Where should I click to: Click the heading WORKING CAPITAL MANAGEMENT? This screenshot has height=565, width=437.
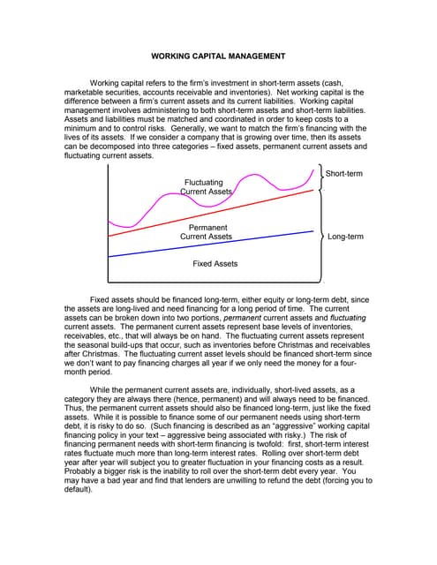tap(218, 56)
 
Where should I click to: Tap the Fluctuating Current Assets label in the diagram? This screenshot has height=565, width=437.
tap(205, 186)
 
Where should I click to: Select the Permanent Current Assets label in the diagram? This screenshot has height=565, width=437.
tap(206, 232)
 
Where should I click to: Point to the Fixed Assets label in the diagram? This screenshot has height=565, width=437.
tap(215, 264)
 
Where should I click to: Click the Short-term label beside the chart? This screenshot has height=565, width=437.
tap(344, 174)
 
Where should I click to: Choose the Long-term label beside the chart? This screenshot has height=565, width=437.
tap(345, 237)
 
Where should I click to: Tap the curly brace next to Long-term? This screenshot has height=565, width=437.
tap(319, 236)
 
